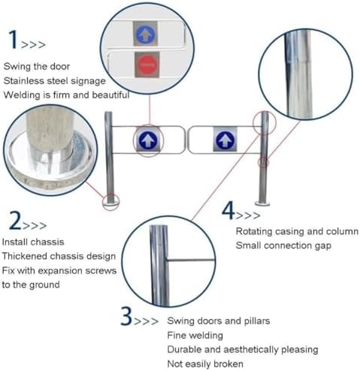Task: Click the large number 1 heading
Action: (13, 39)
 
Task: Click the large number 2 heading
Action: (16, 221)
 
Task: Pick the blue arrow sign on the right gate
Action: (224, 140)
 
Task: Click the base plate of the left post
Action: (110, 201)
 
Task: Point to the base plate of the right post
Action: (263, 202)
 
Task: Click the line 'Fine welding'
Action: (195, 335)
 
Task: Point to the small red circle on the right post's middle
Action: (264, 161)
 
